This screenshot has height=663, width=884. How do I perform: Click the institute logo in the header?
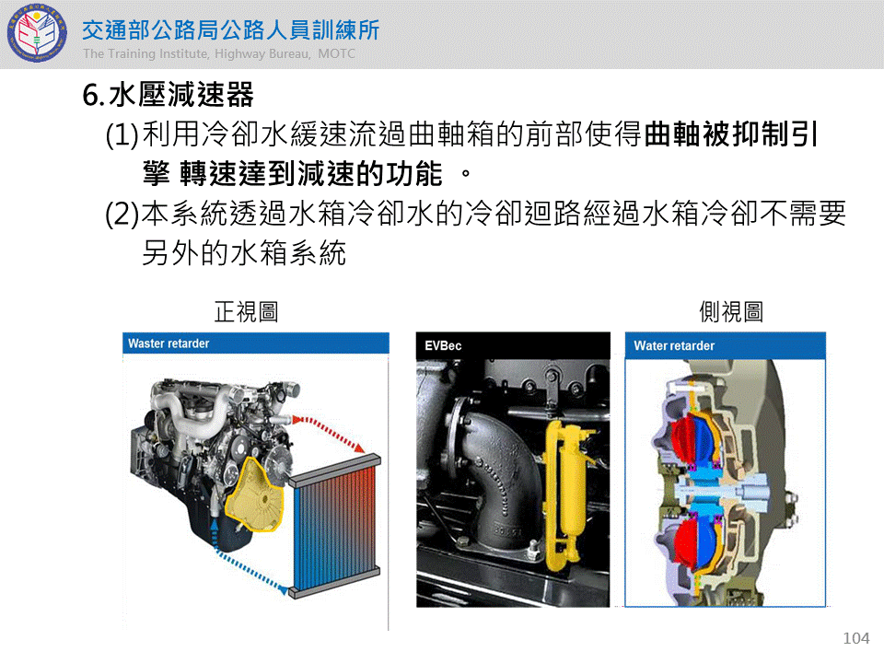(37, 33)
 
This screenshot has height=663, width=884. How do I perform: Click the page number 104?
(855, 637)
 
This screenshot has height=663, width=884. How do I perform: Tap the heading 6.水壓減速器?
(168, 94)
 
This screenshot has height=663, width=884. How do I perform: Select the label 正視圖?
(247, 311)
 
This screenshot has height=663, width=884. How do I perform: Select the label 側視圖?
(731, 311)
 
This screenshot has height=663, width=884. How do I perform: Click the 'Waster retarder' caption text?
(169, 343)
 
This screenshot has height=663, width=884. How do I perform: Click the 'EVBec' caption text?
(443, 345)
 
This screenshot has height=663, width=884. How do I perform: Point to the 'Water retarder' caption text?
(674, 345)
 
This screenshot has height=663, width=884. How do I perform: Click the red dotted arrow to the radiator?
(330, 431)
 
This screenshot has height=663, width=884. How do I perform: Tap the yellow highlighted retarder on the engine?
(255, 494)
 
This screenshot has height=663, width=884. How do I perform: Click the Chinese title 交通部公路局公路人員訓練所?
(230, 29)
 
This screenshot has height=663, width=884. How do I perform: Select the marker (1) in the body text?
(122, 134)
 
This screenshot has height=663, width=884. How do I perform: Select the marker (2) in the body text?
(122, 215)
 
